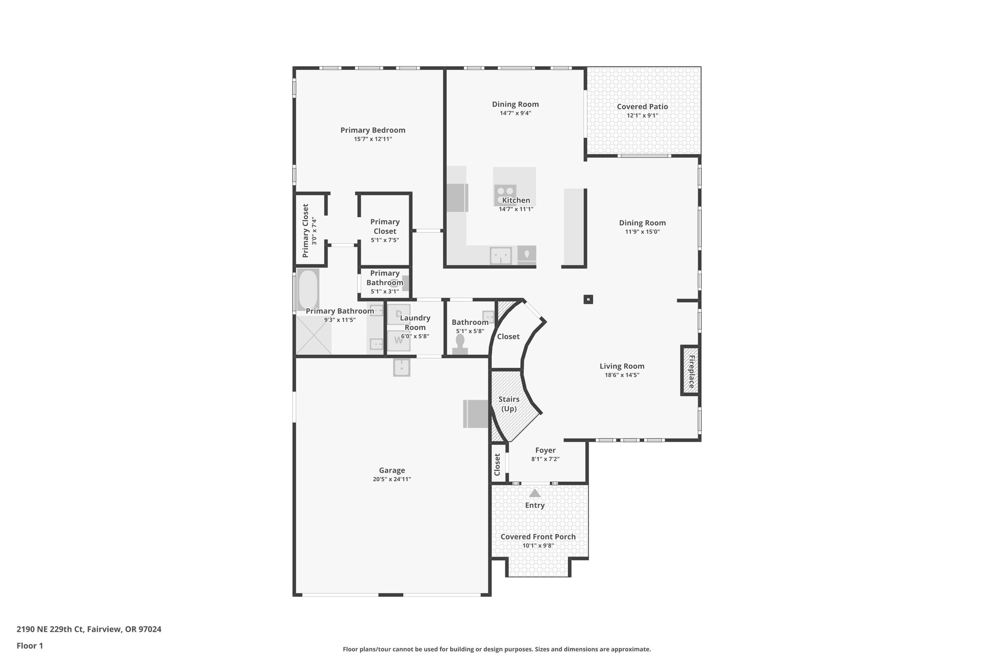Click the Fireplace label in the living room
pyautogui.click(x=691, y=371)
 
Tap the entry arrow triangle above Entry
pyautogui.click(x=535, y=493)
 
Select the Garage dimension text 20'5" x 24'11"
pyautogui.click(x=392, y=479)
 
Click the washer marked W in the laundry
pyautogui.click(x=398, y=340)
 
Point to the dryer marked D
pyautogui.click(x=398, y=314)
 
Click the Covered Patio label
pyautogui.click(x=642, y=107)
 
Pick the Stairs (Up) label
pyautogui.click(x=509, y=404)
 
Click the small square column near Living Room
pyautogui.click(x=588, y=300)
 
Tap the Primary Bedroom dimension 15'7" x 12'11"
pyautogui.click(x=373, y=139)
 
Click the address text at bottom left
pyautogui.click(x=89, y=629)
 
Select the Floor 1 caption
pyautogui.click(x=30, y=646)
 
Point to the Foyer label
pyautogui.click(x=545, y=451)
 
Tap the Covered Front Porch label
pyautogui.click(x=538, y=537)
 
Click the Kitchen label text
pyautogui.click(x=516, y=201)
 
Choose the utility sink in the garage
pyautogui.click(x=401, y=367)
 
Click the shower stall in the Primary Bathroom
pyautogui.click(x=314, y=335)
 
